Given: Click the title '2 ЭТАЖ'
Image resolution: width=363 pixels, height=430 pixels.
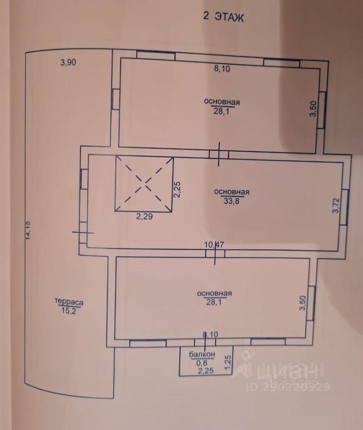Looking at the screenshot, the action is (223, 17).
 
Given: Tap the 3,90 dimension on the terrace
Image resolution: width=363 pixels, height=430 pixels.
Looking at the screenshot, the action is (68, 63).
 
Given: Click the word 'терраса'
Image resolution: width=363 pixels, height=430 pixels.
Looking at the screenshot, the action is (69, 301).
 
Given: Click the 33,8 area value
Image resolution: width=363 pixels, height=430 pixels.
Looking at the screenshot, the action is (231, 200).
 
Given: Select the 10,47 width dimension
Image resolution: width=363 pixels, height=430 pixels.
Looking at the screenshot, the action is (214, 245).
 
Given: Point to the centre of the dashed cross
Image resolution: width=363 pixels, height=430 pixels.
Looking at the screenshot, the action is (144, 184).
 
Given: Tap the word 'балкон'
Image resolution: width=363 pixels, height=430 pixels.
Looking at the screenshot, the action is (202, 354).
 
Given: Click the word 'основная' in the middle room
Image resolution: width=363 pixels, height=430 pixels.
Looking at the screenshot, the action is (232, 192).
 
